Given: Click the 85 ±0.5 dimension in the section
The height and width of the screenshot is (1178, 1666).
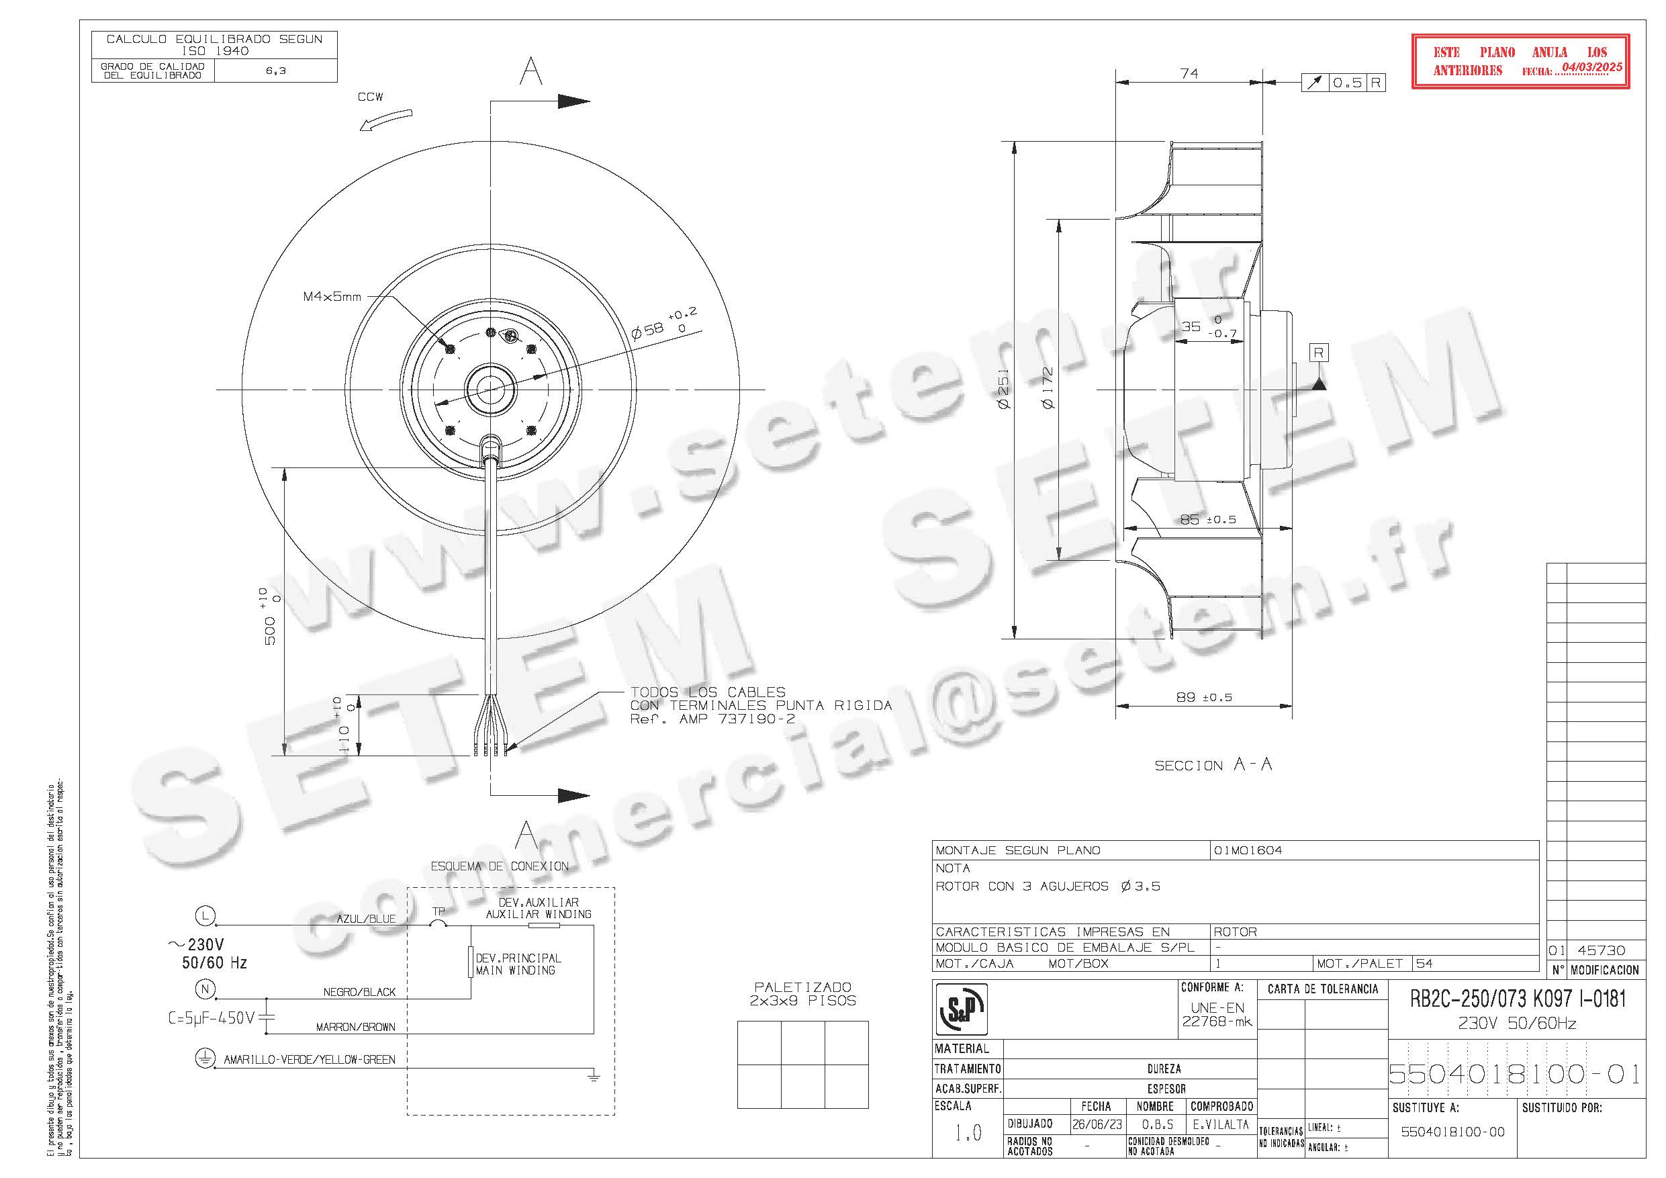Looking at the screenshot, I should tap(1207, 520).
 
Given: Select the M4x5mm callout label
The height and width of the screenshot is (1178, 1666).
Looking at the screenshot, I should tap(332, 297).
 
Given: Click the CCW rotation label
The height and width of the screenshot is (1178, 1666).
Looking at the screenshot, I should tap(370, 97).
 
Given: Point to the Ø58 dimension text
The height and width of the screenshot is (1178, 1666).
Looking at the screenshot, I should tap(648, 331).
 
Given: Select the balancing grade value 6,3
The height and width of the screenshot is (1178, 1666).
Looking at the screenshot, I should tap(276, 71).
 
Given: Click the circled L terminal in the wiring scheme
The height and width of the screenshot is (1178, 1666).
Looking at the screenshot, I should tap(206, 917).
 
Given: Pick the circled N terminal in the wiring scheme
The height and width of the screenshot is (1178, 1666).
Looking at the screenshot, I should tap(206, 989).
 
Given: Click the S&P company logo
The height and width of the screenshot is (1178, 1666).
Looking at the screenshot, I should tap(962, 1008).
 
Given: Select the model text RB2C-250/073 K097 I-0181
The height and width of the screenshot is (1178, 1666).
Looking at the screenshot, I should tap(1517, 999).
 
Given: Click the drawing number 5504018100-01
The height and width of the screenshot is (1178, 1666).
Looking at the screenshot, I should tap(1514, 1074).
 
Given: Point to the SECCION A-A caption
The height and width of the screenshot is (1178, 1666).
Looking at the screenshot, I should tap(1213, 765).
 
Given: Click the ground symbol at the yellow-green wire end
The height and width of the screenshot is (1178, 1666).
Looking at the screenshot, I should tap(594, 1077).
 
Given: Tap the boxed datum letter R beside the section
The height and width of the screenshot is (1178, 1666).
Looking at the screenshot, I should tap(1318, 353).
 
